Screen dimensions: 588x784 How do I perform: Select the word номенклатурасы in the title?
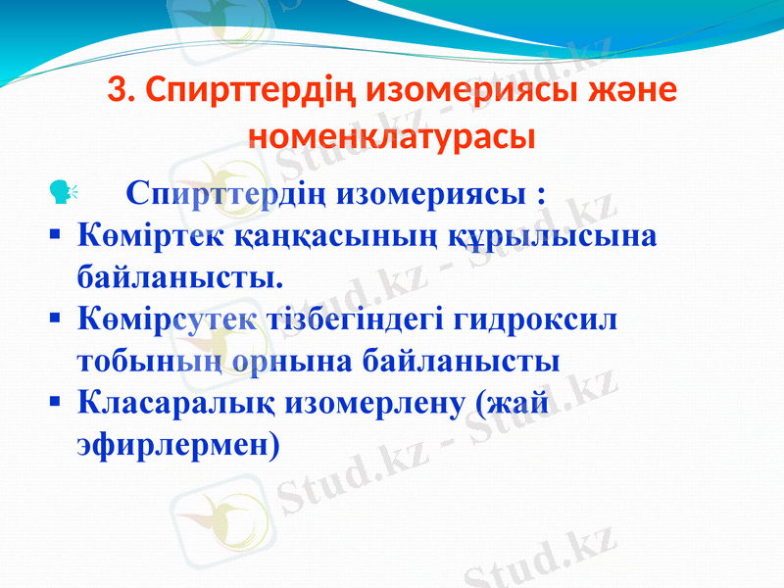coord(392,135)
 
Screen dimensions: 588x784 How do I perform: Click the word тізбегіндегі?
coord(358,319)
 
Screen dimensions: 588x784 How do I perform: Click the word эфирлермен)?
coord(177,444)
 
